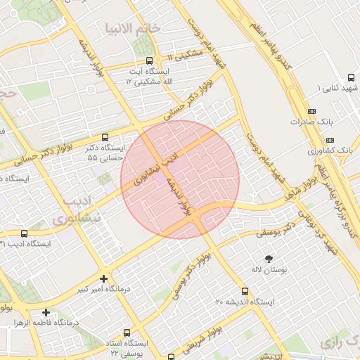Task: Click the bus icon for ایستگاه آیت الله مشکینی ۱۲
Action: [x=148, y=60]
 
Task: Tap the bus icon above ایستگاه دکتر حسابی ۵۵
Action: [x=105, y=138]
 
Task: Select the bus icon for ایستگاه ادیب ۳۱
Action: [x=25, y=233]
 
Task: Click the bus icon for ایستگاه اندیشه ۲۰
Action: [x=245, y=291]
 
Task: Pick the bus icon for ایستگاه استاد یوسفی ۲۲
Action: [x=127, y=333]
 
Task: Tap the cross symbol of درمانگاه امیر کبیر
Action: [x=104, y=279]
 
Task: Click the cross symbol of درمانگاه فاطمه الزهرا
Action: [x=46, y=312]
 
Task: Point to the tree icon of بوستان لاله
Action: [x=268, y=259]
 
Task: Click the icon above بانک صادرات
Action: [x=312, y=111]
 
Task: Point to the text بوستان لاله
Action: [x=268, y=269]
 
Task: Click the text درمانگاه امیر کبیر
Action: [x=82, y=289]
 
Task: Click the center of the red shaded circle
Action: [x=180, y=179]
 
